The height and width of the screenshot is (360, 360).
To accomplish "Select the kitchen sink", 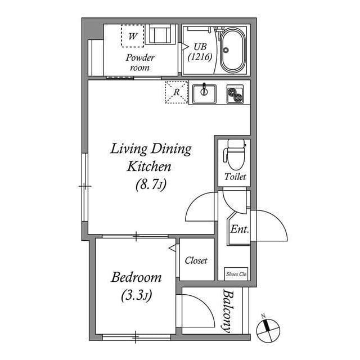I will point(204,94).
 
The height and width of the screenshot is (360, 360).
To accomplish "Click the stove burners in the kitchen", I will point(236,94).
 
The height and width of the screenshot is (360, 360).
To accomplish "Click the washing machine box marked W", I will point(133,36).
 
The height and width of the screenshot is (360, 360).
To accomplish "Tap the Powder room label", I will point(139,62).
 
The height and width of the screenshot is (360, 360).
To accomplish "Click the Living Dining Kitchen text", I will point(150,157).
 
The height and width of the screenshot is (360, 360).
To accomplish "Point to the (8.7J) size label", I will point(150,184).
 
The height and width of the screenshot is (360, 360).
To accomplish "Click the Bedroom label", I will point(136,277).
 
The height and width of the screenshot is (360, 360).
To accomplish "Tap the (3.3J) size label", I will point(136,294).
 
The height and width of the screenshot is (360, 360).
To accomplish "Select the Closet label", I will point(196,260).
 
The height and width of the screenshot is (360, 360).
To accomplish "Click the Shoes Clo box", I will point(236,274).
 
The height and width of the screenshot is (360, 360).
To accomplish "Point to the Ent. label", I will point(240,229).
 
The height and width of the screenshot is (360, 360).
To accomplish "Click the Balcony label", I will point(228,311).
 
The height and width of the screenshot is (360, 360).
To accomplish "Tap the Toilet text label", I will point(235,177).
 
